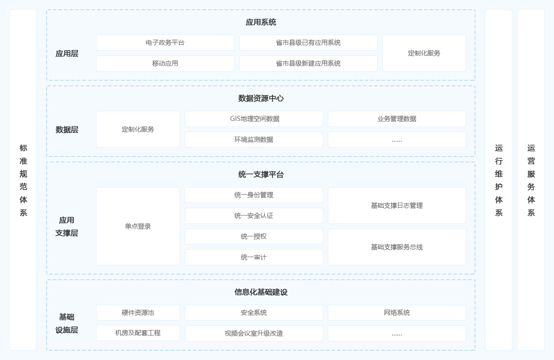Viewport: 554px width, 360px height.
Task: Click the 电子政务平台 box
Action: tap(165, 42)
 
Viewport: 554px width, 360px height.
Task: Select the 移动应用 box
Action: tap(165, 63)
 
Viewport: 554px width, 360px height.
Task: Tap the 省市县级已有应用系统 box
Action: tap(308, 42)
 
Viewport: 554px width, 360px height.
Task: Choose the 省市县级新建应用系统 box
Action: tap(308, 63)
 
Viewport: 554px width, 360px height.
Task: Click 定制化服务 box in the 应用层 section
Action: tap(424, 53)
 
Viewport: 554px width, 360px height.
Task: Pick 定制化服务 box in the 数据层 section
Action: tap(138, 129)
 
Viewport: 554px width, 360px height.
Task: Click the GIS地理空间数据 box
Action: tap(254, 119)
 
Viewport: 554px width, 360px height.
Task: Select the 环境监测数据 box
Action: tap(254, 139)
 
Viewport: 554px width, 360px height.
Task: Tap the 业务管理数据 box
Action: tap(397, 119)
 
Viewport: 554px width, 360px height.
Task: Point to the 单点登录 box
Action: tap(138, 226)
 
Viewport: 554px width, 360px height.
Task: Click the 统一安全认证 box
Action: tap(254, 216)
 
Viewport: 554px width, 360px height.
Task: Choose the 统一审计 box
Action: tap(254, 257)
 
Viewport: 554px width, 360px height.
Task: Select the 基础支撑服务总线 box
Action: tap(397, 247)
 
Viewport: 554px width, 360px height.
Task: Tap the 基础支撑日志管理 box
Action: tap(397, 205)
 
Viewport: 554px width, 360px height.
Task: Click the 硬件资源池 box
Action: tap(138, 312)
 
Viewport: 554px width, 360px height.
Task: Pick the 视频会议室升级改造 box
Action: tap(254, 333)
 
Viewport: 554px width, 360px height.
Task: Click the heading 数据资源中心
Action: tap(261, 98)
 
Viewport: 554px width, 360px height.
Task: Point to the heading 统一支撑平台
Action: tap(261, 174)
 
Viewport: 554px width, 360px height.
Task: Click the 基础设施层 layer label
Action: tap(66, 324)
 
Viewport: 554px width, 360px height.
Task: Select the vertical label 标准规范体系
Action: tap(23, 180)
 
